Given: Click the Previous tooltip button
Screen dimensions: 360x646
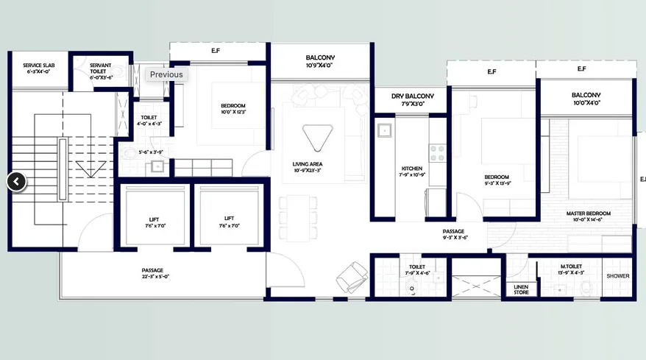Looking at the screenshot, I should coord(166,74).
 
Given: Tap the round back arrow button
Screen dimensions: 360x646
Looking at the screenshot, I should coord(17,181).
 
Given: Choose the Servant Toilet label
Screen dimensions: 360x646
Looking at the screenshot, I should coord(100,69).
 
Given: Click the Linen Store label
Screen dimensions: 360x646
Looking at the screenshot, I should coord(521,290).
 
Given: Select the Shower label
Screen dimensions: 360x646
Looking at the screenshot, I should coord(618,276).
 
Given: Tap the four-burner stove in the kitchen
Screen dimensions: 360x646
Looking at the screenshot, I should coord(437,152).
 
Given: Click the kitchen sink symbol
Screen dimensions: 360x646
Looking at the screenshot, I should coord(383,131).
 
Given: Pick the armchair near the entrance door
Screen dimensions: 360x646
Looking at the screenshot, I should coord(352,278).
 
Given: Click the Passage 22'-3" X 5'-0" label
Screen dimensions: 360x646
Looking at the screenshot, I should coord(153,273).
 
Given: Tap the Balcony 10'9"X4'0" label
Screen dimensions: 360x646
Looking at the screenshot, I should coord(320,61).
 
